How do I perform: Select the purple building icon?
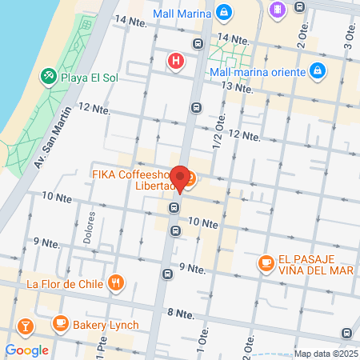(278, 10)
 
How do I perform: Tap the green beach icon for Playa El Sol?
(47, 76)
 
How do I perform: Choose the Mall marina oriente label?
(258, 71)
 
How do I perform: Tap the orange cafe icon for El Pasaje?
(266, 262)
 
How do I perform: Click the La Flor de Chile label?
(65, 283)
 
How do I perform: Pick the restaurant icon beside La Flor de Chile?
(117, 282)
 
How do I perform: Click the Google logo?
(26, 350)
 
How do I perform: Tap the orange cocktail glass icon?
(25, 326)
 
